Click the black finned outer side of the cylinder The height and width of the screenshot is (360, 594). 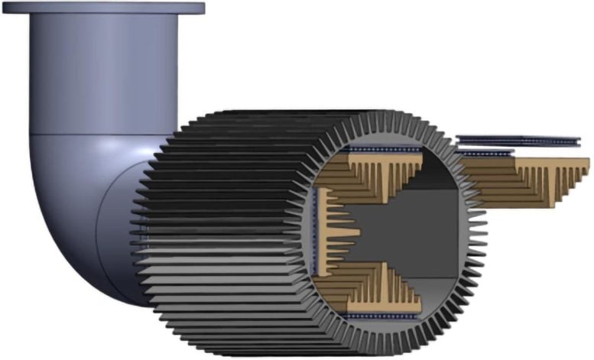tap(222, 229)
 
